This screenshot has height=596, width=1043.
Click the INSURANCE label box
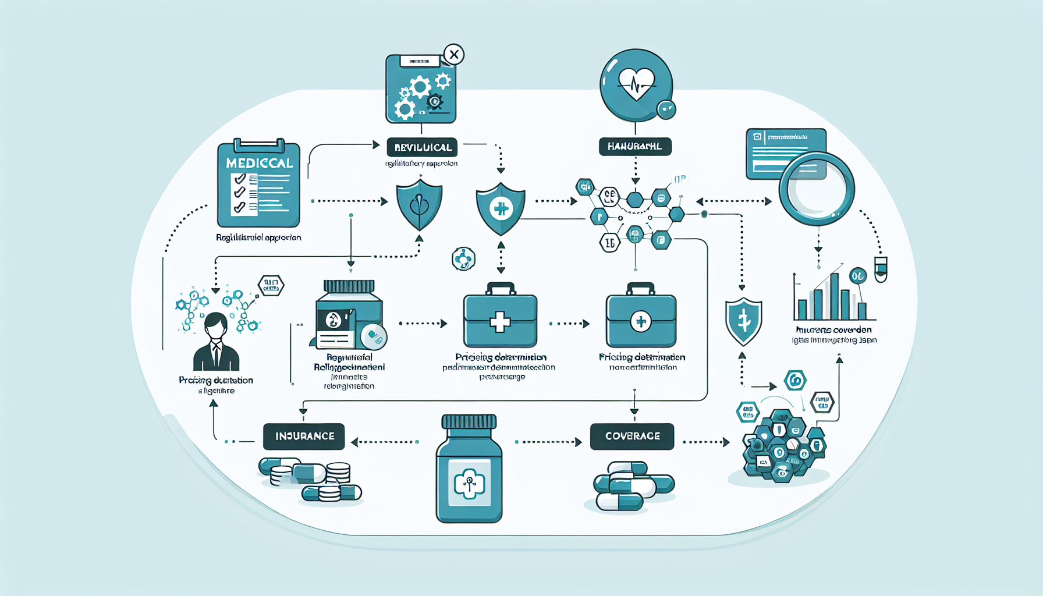coord(304,437)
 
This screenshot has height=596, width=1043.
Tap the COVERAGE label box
coord(632,437)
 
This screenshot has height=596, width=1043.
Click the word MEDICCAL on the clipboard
coord(259,163)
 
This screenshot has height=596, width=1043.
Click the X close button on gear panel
coord(454,55)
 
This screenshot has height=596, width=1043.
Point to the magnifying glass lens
coord(817,188)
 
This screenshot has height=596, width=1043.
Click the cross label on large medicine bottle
coord(469,483)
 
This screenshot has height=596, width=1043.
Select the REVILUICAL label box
coord(423,147)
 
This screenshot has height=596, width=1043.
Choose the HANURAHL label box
coord(635,146)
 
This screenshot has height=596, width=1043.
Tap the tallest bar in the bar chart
coord(835,296)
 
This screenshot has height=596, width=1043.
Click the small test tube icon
coord(881,269)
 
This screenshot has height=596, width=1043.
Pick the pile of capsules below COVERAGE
coord(632,487)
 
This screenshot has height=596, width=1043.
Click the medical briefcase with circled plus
coord(641,319)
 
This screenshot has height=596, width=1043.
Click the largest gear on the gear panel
coord(420,88)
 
